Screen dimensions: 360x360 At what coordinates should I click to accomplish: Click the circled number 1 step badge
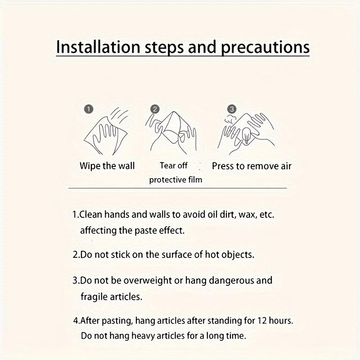pos(89,109)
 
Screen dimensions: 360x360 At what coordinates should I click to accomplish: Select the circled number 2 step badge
pos(155,109)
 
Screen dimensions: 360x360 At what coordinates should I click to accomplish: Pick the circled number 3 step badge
pos(231,109)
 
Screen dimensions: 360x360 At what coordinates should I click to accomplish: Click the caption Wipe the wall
pos(107,166)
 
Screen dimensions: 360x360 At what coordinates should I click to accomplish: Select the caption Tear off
pos(174,166)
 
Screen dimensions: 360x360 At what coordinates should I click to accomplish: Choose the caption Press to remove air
pos(252,166)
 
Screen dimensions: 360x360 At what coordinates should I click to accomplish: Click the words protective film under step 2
pos(175,180)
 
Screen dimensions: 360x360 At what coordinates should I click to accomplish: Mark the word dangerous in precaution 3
pos(219,281)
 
